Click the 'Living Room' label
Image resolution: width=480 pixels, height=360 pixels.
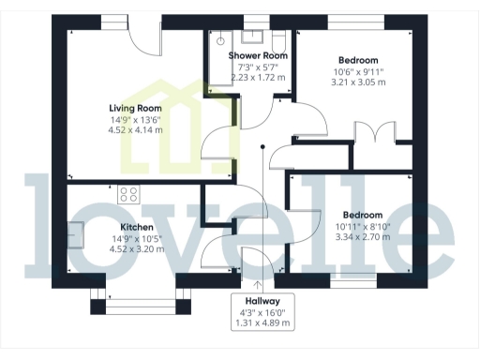click(x=129, y=108)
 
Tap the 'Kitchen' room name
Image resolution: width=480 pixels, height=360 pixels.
click(x=136, y=228)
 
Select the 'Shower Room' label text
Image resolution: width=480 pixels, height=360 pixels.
click(x=258, y=55)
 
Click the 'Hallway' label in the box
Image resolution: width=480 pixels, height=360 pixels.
click(x=261, y=302)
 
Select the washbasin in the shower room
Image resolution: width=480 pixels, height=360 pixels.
click(x=251, y=37)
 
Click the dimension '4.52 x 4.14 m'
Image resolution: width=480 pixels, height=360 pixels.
click(x=129, y=129)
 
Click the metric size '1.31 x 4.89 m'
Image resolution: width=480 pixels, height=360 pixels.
click(x=261, y=323)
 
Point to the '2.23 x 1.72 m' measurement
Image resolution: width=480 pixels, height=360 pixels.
click(x=258, y=78)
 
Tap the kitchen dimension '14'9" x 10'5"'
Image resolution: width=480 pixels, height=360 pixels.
click(x=136, y=239)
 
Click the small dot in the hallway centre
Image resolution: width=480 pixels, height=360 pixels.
click(x=262, y=145)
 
